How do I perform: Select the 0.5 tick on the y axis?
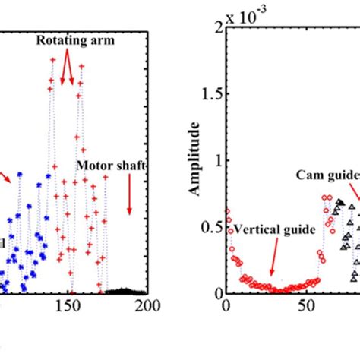tap(210, 227)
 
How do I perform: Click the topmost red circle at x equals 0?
tap(226, 212)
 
